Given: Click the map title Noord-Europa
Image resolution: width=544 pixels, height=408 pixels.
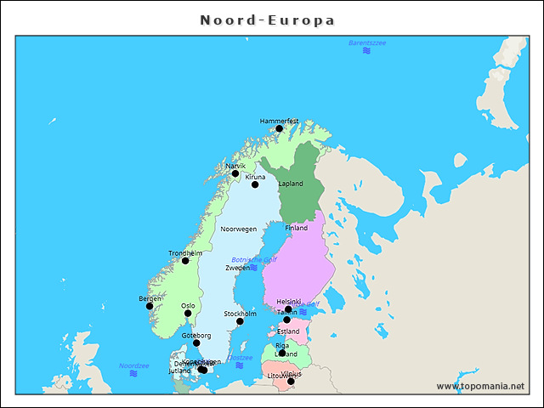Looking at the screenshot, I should pyautogui.click(x=267, y=20).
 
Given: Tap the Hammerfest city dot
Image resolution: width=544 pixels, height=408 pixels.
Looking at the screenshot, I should pyautogui.click(x=279, y=129).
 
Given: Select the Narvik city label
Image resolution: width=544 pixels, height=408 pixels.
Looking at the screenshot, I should pyautogui.click(x=235, y=166).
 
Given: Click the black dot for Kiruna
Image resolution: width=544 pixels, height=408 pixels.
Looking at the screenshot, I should pyautogui.click(x=255, y=184).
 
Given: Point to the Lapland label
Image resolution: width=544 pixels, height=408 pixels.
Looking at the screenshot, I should pyautogui.click(x=291, y=184).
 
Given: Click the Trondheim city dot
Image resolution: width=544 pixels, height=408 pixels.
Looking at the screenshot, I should pyautogui.click(x=185, y=261).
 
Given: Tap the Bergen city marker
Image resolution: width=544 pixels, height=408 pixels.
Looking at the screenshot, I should pyautogui.click(x=150, y=306).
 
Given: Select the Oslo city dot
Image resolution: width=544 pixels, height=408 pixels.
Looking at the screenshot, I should pyautogui.click(x=188, y=314).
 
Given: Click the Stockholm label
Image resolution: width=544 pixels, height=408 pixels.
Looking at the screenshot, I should pyautogui.click(x=240, y=314).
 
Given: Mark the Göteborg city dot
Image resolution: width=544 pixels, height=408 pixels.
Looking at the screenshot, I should pyautogui.click(x=196, y=343).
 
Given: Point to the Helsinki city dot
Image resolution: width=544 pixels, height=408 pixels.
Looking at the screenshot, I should pyautogui.click(x=288, y=309).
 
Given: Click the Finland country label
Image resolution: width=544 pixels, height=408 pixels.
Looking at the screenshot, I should pyautogui.click(x=296, y=229).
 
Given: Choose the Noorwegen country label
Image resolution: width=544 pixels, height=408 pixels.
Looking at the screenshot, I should pyautogui.click(x=238, y=229).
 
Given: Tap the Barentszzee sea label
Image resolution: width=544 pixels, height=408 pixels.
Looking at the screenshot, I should pyautogui.click(x=367, y=42).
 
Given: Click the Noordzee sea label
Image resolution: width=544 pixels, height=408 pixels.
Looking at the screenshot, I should pyautogui.click(x=133, y=365).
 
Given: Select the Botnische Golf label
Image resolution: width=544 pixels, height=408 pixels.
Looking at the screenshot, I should pyautogui.click(x=254, y=260).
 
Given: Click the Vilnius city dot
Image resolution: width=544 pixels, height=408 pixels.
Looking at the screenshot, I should pyautogui.click(x=291, y=381).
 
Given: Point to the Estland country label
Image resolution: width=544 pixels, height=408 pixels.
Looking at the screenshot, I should pyautogui.click(x=288, y=331).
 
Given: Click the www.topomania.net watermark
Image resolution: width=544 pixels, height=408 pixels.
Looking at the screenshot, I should pyautogui.click(x=480, y=386).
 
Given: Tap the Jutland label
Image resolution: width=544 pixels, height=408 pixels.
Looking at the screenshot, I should pyautogui.click(x=179, y=371).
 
